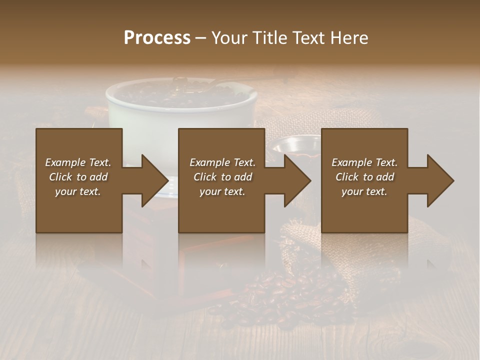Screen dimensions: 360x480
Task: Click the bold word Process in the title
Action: tap(157, 37)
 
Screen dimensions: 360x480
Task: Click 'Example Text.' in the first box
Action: tap(78, 162)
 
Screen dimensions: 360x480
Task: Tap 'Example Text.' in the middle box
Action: tap(222, 162)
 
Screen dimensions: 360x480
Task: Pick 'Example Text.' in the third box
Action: tap(364, 162)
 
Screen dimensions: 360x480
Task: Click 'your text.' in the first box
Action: tap(78, 191)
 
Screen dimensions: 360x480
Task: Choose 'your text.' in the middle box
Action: tap(222, 191)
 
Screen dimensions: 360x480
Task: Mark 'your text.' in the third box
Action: tap(364, 191)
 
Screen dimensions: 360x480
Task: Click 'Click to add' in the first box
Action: tap(78, 177)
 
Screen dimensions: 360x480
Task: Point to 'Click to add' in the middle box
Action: tap(222, 177)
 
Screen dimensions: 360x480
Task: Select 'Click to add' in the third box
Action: tap(364, 177)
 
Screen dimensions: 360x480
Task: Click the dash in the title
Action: tap(201, 38)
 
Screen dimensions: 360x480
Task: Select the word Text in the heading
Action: tap(307, 37)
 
